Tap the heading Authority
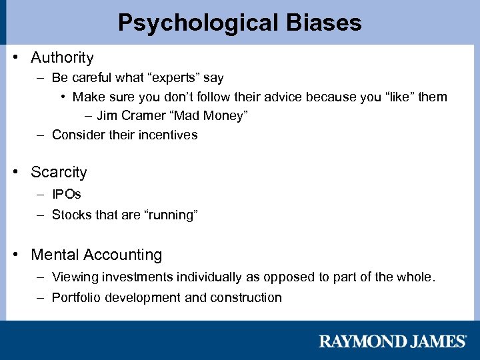[x=62, y=58]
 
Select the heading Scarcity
[x=59, y=172]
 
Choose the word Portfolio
[x=75, y=297]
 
